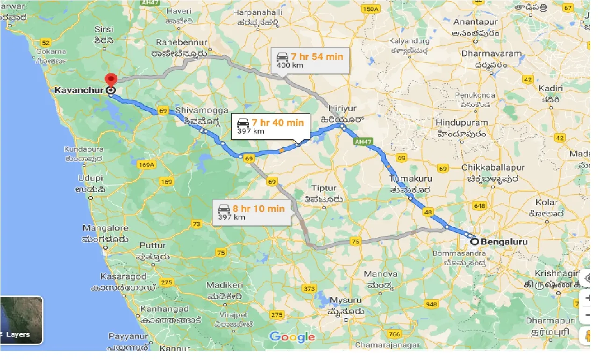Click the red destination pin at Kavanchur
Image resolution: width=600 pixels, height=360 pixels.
pyautogui.click(x=111, y=79)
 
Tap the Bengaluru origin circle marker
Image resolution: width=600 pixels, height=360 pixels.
pyautogui.click(x=475, y=242)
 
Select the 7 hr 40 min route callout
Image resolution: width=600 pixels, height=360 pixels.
pyautogui.click(x=271, y=126)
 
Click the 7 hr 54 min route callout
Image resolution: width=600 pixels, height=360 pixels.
pyautogui.click(x=310, y=60)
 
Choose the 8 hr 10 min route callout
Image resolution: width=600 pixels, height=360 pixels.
pyautogui.click(x=254, y=212)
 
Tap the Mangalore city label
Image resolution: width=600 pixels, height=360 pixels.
pyautogui.click(x=105, y=228)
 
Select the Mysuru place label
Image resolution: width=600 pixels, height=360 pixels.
pyautogui.click(x=346, y=300)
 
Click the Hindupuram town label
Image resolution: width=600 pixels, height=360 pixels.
pyautogui.click(x=462, y=122)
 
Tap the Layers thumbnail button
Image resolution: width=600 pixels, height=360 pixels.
pyautogui.click(x=21, y=320)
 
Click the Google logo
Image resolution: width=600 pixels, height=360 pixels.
pyautogui.click(x=292, y=337)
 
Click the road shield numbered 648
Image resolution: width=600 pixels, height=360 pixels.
pyautogui.click(x=479, y=206)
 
